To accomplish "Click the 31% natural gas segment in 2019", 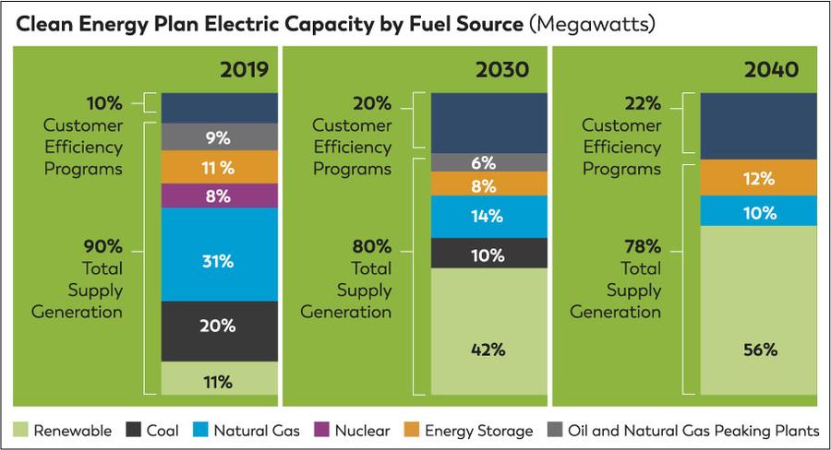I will coord(219,261).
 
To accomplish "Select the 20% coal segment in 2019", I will coord(219,326).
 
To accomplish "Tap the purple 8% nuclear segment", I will coord(219,195).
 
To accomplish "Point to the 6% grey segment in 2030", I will coord(488,162).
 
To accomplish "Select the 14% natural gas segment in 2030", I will coord(488,217).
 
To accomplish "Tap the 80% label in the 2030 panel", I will coord(373,246).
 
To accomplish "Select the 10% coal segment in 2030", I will coord(488,254).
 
